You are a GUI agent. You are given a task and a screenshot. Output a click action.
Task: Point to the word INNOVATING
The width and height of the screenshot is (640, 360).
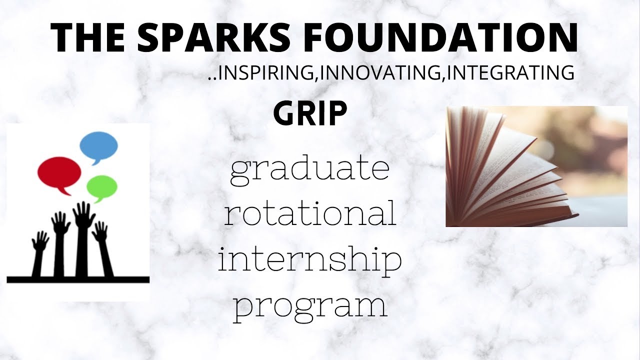click(381, 73)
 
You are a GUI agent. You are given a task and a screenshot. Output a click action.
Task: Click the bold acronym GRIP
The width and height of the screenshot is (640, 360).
click(310, 114)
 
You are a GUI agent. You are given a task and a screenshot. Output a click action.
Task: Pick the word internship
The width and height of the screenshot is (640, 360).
click(310, 260)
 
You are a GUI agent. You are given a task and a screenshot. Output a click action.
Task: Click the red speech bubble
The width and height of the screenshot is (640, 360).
click(59, 173)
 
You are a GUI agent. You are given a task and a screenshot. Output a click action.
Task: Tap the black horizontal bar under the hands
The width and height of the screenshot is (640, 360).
click(78, 279)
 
